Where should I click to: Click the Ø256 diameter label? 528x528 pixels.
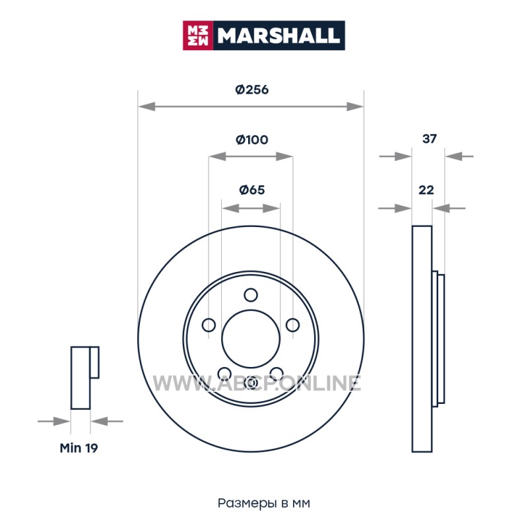click(252, 90)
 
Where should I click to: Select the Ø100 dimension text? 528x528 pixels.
click(252, 139)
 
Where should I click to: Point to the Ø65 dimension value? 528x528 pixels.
click(252, 190)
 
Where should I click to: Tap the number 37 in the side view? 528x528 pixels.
click(430, 139)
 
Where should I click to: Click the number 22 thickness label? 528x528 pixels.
click(426, 190)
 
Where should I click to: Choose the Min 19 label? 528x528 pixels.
click(79, 448)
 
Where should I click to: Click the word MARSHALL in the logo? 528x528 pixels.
click(279, 36)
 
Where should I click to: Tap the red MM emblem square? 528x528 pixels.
click(198, 36)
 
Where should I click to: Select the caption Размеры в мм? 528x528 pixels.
click(263, 503)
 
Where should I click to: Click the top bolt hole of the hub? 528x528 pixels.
click(251, 295)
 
